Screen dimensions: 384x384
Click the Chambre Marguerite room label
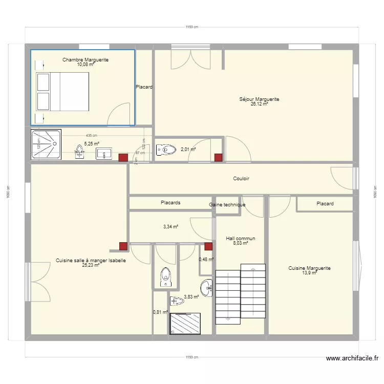(86, 60)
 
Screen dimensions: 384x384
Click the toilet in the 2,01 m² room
(166, 150)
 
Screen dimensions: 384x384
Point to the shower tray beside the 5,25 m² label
(47, 145)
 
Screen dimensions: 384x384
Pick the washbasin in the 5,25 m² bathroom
(104, 153)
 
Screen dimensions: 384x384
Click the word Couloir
(241, 179)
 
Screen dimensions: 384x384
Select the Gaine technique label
(227, 205)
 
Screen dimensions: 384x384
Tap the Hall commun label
(240, 239)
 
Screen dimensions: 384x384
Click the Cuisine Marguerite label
(309, 268)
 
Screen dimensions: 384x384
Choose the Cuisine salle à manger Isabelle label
(91, 261)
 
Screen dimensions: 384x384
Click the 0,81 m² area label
(160, 312)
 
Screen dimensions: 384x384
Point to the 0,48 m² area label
(207, 259)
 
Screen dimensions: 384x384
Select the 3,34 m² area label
(170, 226)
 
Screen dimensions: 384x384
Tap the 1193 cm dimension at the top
(192, 27)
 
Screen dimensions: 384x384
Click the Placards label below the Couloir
(170, 203)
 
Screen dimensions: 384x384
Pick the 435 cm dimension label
(92, 135)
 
